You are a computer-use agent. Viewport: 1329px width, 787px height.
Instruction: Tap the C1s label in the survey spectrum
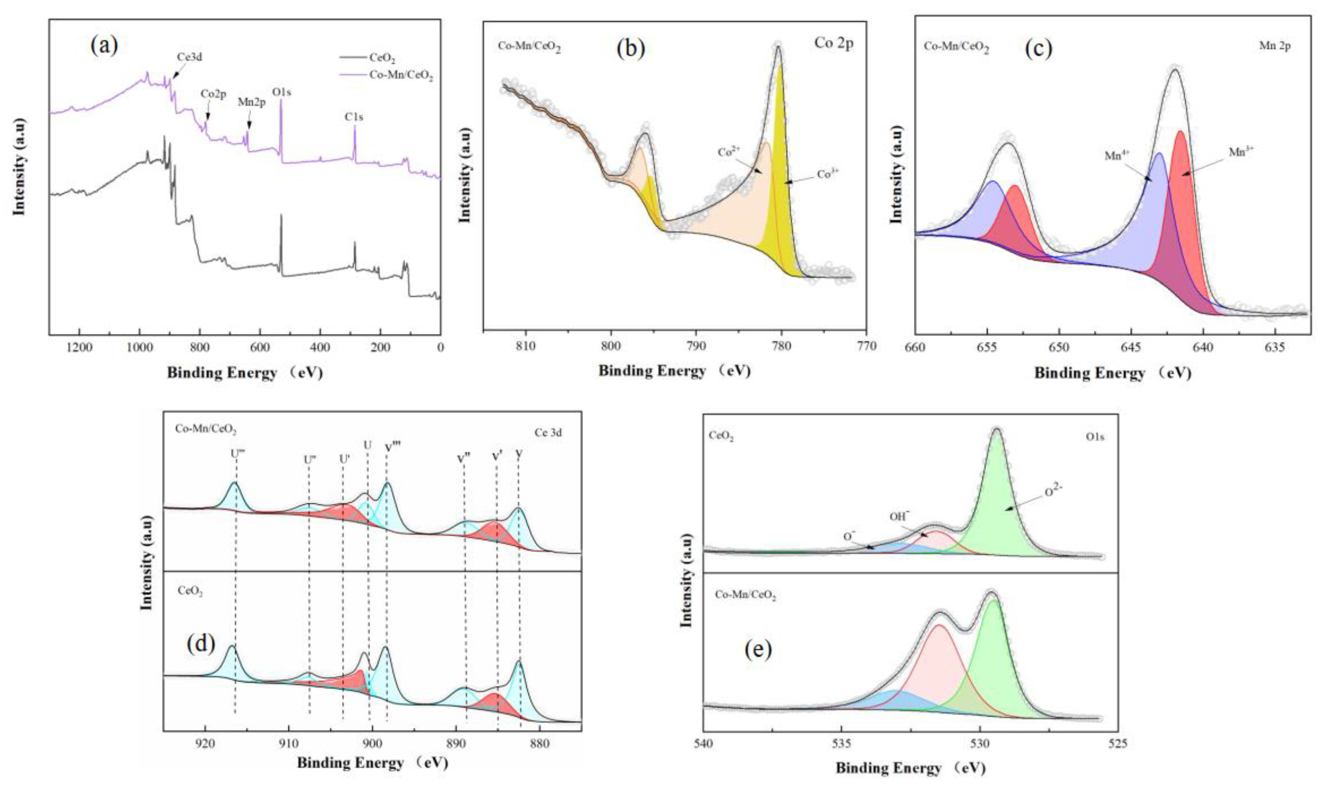[354, 117]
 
